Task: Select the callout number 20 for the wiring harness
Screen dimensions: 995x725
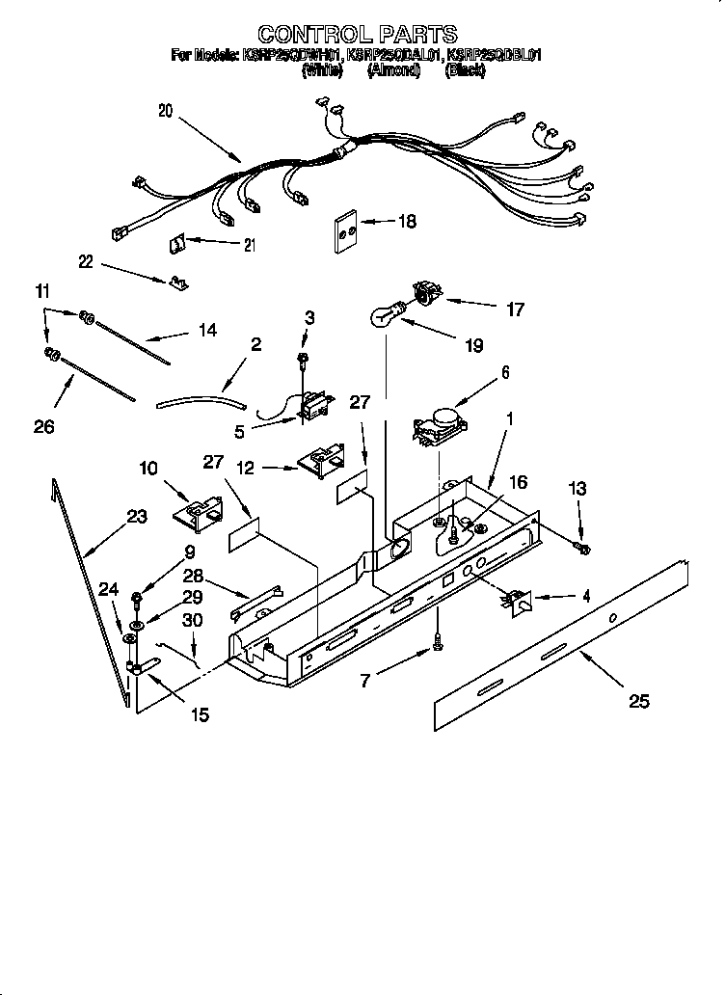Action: click(166, 111)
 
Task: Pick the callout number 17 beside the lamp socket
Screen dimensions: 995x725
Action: click(515, 309)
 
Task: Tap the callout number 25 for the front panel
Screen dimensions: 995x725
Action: click(638, 701)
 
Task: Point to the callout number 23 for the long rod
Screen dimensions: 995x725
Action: click(137, 517)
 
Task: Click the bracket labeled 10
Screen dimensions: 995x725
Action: click(200, 511)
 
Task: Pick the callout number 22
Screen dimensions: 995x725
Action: click(88, 261)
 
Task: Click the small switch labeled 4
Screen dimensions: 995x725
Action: click(517, 602)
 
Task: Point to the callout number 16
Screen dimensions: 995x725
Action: click(518, 482)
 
